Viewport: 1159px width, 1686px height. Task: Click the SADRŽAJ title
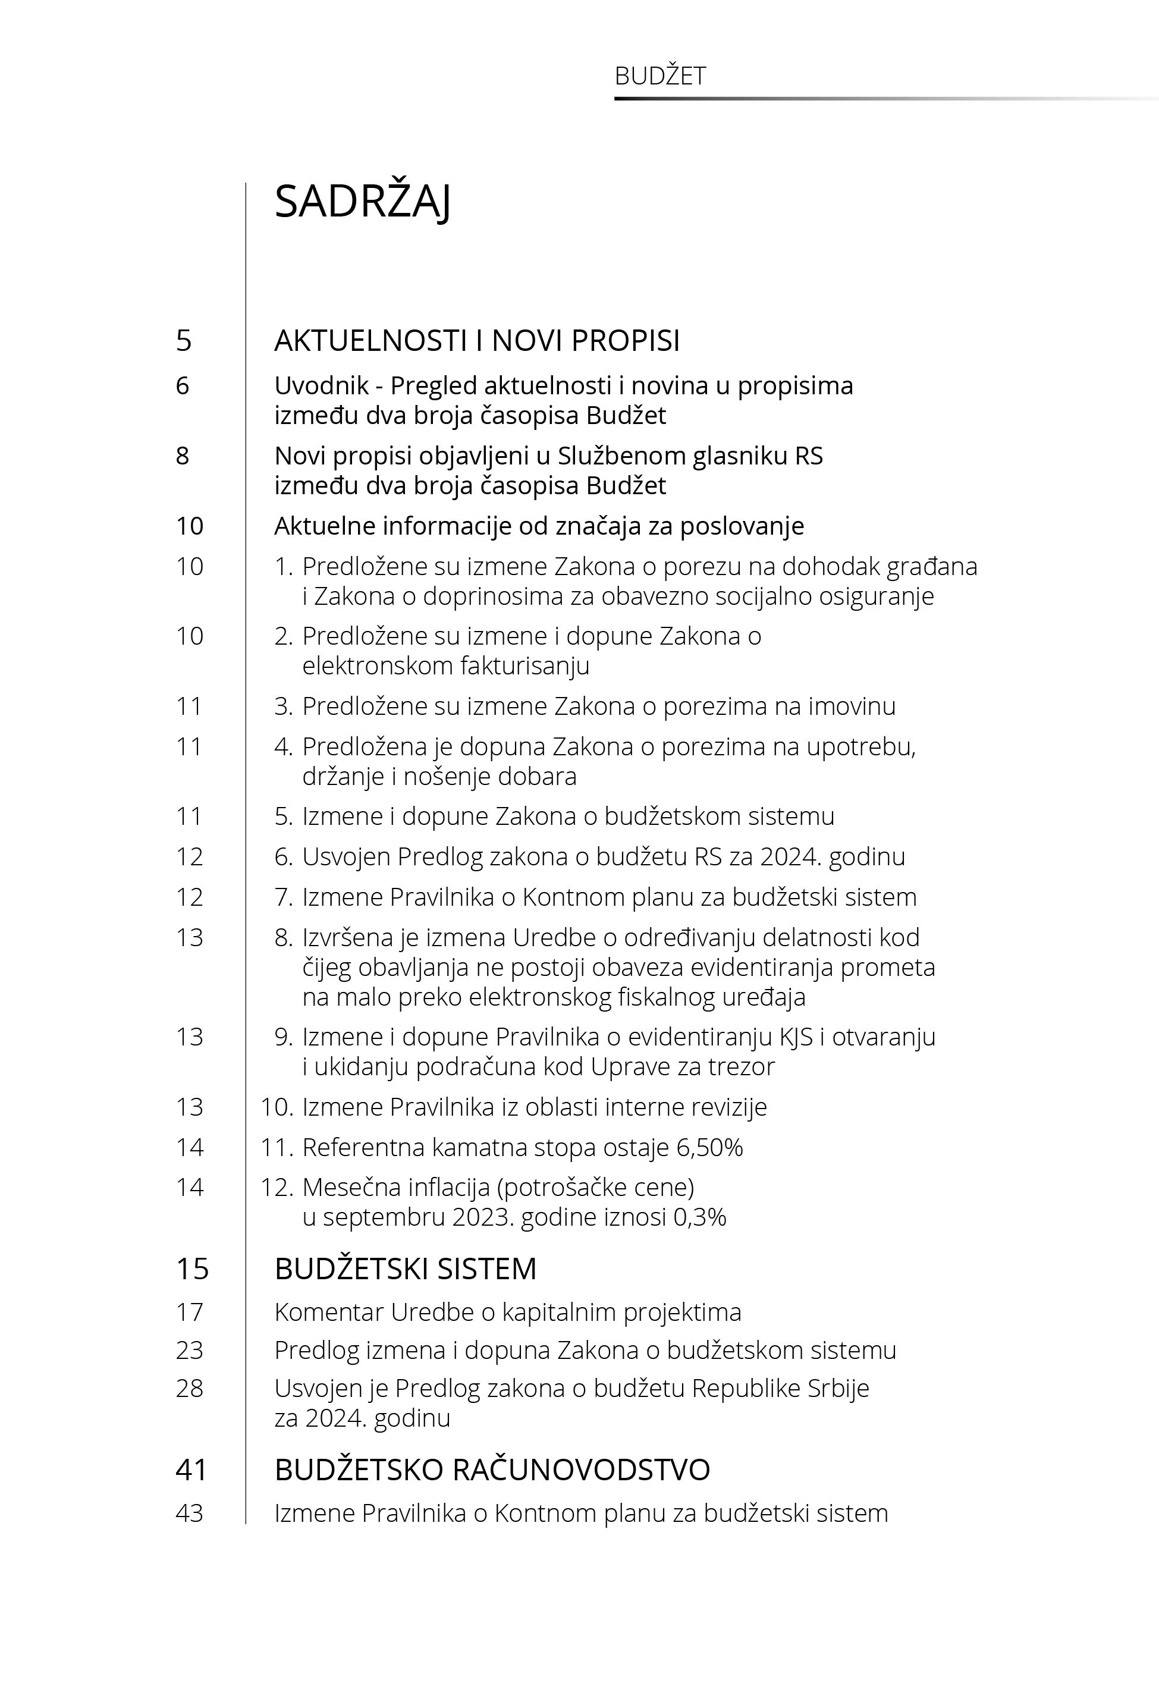tap(362, 202)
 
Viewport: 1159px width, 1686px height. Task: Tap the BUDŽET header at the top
tap(659, 76)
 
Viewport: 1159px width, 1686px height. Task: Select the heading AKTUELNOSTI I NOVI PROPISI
tap(476, 341)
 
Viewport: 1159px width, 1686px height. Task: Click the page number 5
tap(184, 341)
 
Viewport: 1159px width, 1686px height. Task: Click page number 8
tap(183, 456)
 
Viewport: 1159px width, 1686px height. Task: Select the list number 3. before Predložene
tap(283, 706)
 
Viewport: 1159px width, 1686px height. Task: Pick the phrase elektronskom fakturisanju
tap(445, 666)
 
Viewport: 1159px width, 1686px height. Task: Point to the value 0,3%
tap(699, 1217)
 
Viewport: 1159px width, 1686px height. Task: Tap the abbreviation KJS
tap(796, 1037)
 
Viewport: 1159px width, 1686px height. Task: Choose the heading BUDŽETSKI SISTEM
tap(405, 1269)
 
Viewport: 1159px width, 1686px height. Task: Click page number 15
tap(191, 1269)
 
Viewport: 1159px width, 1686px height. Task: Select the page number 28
tap(190, 1388)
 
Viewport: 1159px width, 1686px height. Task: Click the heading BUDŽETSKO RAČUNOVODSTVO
tap(492, 1470)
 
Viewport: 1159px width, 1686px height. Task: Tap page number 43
tap(190, 1513)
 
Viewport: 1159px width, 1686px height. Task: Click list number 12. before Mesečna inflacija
tap(276, 1187)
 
